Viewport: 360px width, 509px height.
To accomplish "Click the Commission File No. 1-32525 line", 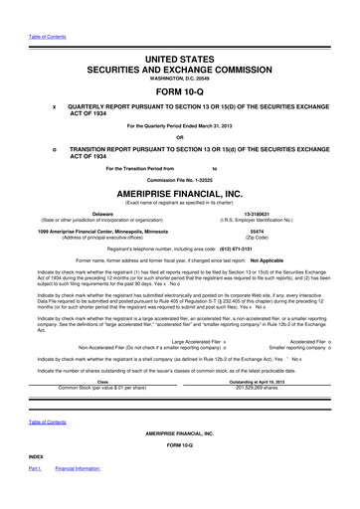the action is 180,179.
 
